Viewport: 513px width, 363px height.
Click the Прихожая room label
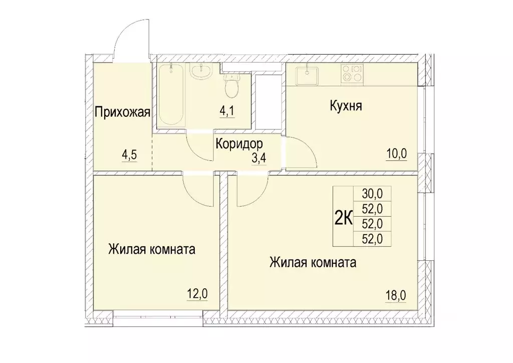(x=122, y=111)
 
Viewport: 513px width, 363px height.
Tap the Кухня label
(x=346, y=106)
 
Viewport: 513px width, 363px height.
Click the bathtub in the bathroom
(x=172, y=95)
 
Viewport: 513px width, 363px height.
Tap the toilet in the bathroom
(x=231, y=86)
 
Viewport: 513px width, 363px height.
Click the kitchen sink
(x=306, y=75)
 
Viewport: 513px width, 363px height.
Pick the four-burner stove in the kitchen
(x=351, y=74)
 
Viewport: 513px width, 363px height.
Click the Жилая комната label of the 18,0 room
(x=313, y=262)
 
